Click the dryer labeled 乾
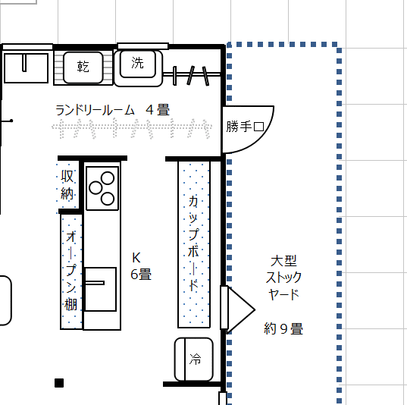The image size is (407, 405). tap(83, 67)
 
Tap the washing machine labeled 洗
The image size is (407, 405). tap(138, 67)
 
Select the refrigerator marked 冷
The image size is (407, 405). tap(193, 359)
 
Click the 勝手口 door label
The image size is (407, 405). tap(245, 127)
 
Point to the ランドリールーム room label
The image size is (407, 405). tap(95, 110)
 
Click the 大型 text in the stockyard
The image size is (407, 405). tap(283, 261)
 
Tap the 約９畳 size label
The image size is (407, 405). tap(283, 328)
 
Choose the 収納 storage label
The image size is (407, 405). tap(67, 185)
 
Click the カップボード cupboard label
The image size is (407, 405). tap(193, 243)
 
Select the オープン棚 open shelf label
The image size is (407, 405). tap(70, 272)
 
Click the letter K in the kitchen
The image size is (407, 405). tap(136, 258)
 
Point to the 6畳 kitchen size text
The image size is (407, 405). tap(141, 275)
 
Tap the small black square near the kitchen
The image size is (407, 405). tap(59, 383)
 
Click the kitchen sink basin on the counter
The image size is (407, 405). tap(101, 289)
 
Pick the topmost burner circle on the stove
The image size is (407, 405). tap(108, 178)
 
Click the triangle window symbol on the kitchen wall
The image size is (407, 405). tap(241, 309)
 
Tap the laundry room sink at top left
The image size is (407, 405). tap(26, 68)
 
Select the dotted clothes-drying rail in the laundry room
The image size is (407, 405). tap(132, 127)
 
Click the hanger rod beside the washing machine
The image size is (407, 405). tap(192, 75)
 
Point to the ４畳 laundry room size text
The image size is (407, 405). tap(158, 110)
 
